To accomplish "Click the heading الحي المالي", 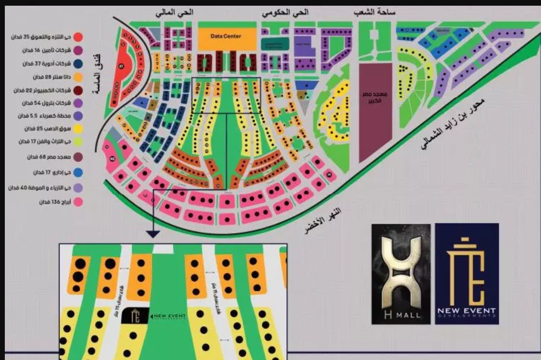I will (174, 13).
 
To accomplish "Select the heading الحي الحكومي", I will (285, 13).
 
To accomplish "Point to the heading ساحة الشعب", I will (375, 13).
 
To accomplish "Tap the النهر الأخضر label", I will (324, 222).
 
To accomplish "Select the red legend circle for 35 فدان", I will (79, 37).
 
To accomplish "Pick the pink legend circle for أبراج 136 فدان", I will (79, 202).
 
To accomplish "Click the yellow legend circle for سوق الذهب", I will (79, 129).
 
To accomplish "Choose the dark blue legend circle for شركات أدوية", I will (79, 64).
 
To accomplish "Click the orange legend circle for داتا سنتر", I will (79, 77).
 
